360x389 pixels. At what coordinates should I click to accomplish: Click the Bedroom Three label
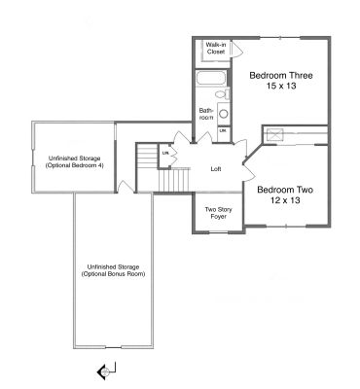coord(281,76)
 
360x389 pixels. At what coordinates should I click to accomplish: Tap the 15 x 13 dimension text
coord(281,87)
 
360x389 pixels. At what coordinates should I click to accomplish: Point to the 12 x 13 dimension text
coord(285,200)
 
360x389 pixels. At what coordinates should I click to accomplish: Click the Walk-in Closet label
coord(216,48)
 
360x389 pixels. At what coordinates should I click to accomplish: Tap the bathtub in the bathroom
coord(211,78)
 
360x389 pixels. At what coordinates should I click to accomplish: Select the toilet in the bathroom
coord(222,94)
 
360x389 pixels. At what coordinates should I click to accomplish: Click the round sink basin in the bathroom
coord(224,114)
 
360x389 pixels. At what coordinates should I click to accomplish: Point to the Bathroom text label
coord(206,114)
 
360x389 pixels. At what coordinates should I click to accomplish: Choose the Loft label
coord(216,169)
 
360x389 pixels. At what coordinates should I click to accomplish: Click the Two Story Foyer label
coord(218,213)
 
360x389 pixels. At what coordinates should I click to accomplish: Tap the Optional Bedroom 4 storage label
coord(74,161)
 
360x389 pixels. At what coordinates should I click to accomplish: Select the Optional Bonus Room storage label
coord(113,270)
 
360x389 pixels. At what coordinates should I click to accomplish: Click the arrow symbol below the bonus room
coord(106,371)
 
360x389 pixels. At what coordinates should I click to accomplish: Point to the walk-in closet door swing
coord(236,50)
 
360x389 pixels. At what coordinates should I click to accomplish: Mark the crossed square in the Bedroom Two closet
coord(275,135)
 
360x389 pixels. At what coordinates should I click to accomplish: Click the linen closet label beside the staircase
coord(165,153)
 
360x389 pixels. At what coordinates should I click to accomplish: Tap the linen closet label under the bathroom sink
coord(223,130)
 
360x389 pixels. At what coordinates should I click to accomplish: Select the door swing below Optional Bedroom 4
coord(126,187)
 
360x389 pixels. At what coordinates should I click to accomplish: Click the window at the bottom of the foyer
coord(219,232)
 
